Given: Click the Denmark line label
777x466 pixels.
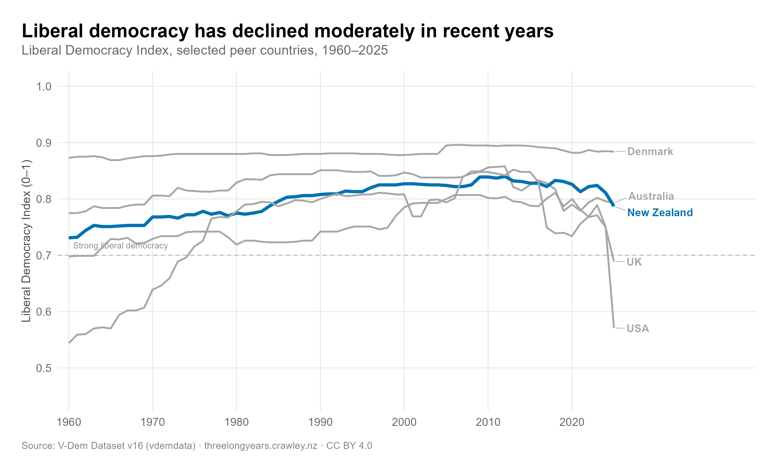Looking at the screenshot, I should tap(650, 152).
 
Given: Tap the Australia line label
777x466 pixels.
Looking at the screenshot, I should tap(651, 196).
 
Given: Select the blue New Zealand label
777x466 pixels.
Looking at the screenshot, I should tap(659, 213).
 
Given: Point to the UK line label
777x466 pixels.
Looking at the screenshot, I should tap(634, 262).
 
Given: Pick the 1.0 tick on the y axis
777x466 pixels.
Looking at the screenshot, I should tap(44, 86).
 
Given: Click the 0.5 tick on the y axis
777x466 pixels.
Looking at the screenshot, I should tap(44, 368).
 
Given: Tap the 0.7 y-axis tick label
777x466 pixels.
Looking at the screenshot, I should tap(44, 256).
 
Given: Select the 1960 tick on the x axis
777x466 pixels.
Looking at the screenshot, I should tap(69, 422).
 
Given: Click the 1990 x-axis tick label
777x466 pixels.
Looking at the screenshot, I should tap(320, 422).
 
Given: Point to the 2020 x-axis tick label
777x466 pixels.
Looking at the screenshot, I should tap(572, 422).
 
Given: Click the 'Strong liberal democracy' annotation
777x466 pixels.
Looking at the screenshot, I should tap(120, 246).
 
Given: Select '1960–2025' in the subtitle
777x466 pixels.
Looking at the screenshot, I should tap(355, 50).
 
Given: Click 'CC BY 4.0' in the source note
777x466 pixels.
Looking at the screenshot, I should tap(349, 446).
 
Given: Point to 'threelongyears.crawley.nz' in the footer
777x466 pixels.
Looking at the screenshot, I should tap(261, 446).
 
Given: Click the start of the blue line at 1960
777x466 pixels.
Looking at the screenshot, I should tap(69, 238).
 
